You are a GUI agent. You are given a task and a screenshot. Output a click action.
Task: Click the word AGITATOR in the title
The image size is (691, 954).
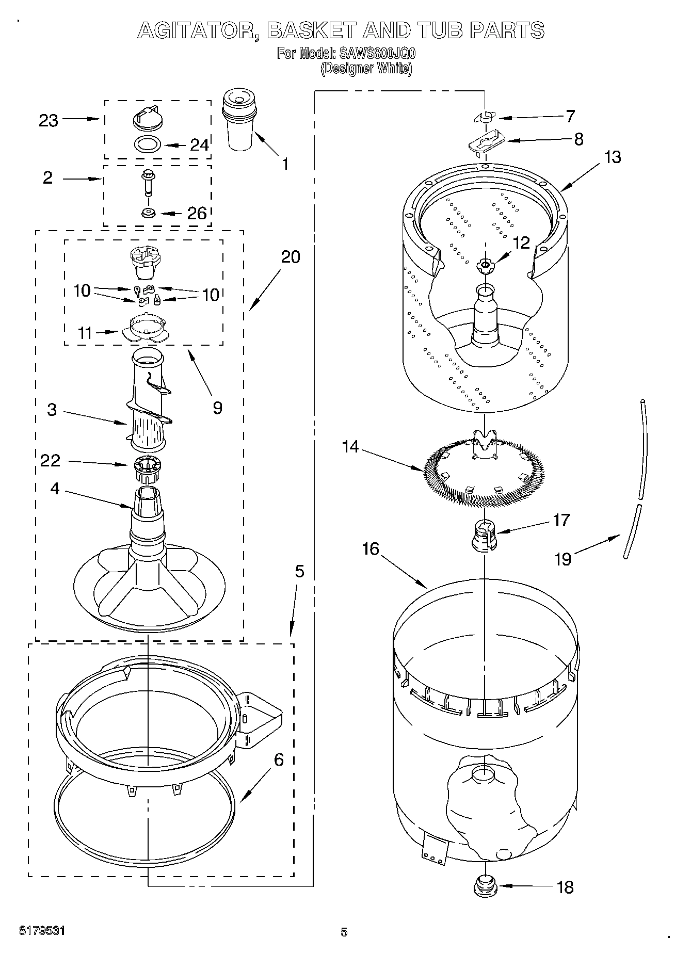click(198, 30)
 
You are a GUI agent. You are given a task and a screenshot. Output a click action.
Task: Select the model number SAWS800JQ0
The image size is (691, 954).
click(376, 53)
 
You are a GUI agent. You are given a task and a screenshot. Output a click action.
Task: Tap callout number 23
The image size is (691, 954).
click(49, 120)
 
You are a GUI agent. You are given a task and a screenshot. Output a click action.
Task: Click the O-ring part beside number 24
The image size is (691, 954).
click(147, 144)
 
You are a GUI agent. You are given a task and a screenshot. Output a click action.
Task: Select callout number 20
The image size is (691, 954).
click(291, 256)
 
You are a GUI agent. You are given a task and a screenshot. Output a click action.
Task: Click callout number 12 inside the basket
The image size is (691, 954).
click(521, 242)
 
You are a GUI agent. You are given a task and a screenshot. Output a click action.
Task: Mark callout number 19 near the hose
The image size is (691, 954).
click(563, 558)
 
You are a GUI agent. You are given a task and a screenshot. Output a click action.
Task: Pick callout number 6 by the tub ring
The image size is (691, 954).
click(278, 759)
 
